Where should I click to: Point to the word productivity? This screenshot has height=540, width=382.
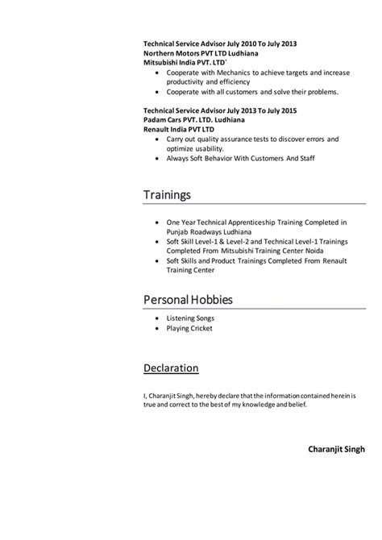tap(185, 82)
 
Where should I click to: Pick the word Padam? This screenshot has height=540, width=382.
tap(154, 119)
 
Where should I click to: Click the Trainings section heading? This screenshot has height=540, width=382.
tap(167, 195)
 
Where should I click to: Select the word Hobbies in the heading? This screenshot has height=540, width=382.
tap(206, 300)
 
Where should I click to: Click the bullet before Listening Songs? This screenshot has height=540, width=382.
tap(156, 319)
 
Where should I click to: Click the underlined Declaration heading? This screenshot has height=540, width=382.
tap(171, 368)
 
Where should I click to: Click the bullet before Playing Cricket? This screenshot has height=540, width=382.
tap(156, 329)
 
